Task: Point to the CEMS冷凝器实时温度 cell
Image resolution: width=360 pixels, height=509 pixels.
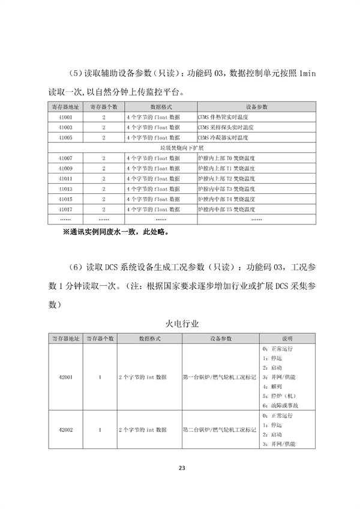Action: pyautogui.click(x=223, y=137)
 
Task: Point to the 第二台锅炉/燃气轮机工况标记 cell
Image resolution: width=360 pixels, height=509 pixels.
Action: pyautogui.click(x=220, y=430)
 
